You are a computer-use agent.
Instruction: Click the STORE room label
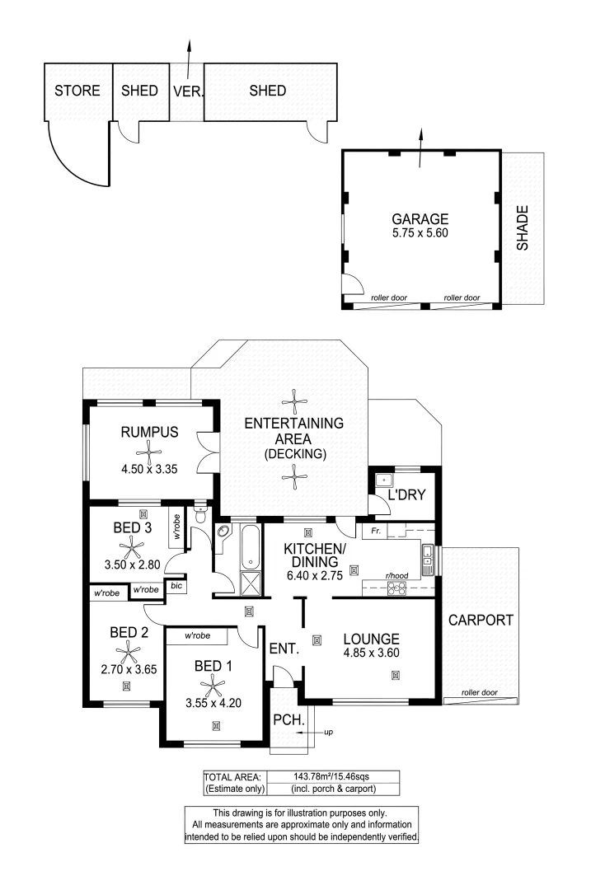(x=77, y=91)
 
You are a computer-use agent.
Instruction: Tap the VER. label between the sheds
(x=188, y=91)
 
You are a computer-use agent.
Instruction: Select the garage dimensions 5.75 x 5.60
(x=420, y=233)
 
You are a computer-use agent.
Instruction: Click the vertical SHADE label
(x=522, y=228)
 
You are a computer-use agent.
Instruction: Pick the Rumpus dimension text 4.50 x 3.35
(x=149, y=470)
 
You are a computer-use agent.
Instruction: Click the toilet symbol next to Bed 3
(x=200, y=516)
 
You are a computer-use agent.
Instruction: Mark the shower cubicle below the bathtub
(x=248, y=583)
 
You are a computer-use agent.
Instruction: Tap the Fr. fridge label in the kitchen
(x=375, y=532)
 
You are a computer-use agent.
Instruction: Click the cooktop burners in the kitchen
(x=397, y=588)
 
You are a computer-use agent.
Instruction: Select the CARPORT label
(x=481, y=620)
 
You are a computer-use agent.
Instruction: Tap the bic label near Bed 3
(x=176, y=586)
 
